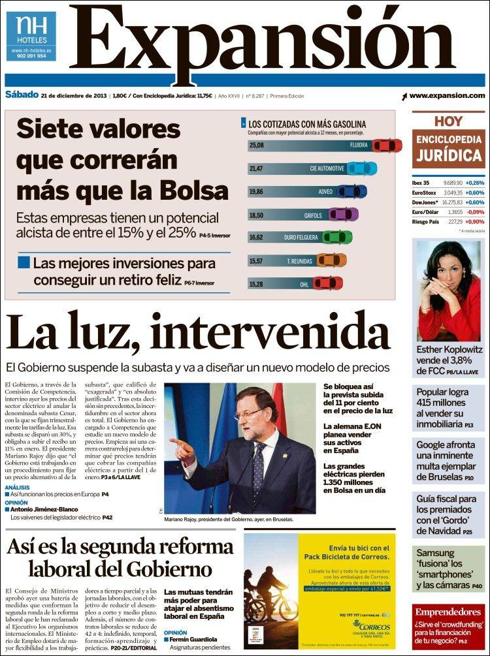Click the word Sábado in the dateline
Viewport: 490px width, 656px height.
click(x=21, y=96)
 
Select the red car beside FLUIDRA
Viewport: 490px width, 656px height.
click(x=387, y=145)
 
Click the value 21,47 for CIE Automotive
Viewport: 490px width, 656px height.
click(x=256, y=168)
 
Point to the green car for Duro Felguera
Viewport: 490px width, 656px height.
click(x=337, y=237)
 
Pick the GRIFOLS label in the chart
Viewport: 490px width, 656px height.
click(x=314, y=214)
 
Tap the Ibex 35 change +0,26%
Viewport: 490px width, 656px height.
click(x=474, y=183)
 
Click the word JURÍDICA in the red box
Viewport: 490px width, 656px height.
click(x=448, y=156)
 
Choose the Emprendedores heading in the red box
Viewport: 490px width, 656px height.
click(x=448, y=612)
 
